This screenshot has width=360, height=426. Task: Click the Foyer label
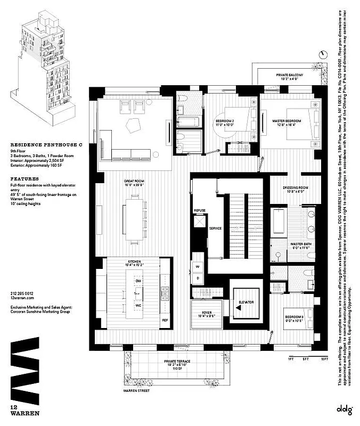tap(207, 314)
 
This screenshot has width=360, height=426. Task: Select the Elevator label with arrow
tap(246, 303)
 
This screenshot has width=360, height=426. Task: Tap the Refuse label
tap(200, 211)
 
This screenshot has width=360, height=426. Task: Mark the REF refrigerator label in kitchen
tap(165, 319)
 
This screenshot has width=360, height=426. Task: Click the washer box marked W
tap(198, 266)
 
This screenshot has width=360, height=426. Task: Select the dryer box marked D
tap(198, 277)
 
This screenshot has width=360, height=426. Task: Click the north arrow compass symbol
tap(323, 53)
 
